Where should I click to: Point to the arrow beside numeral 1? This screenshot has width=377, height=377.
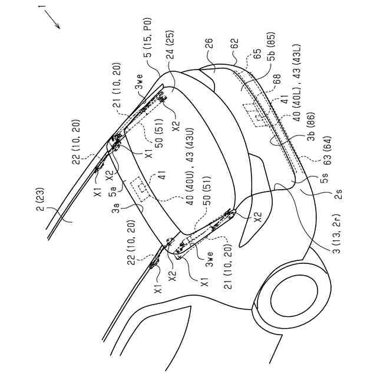pyautogui.click(x=52, y=20)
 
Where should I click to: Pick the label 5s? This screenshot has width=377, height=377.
pyautogui.click(x=325, y=181)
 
